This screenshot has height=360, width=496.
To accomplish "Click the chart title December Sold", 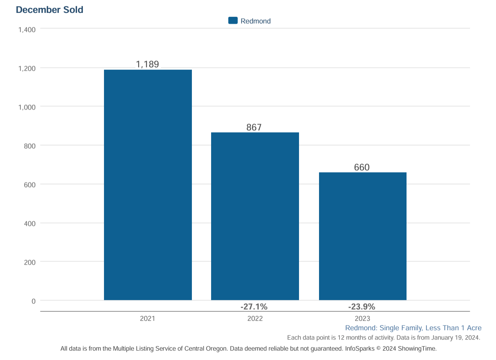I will [x=49, y=10].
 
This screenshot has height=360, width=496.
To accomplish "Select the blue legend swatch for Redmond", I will [x=233, y=21].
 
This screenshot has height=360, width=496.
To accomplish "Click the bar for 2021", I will [x=148, y=185].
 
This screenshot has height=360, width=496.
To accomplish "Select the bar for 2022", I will [x=255, y=216].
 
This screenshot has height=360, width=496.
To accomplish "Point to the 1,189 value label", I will [x=148, y=64].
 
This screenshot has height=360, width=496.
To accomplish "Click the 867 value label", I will [x=254, y=127].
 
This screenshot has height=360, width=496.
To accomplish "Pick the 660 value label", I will [x=362, y=167].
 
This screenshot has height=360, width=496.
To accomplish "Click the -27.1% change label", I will [x=254, y=307].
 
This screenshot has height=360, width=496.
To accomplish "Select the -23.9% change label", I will [x=362, y=307].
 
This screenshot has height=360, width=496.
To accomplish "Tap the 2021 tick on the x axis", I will [x=148, y=318].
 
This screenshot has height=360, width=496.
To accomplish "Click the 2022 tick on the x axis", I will [x=255, y=318].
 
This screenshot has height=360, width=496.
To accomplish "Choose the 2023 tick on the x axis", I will [x=362, y=318].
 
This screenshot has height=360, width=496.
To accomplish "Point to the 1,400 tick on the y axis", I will [x=27, y=29].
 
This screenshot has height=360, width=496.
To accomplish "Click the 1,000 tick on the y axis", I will [x=27, y=107].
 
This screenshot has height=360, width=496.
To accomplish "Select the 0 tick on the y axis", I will [x=33, y=301].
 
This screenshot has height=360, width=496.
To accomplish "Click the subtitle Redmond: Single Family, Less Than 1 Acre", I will [x=413, y=328].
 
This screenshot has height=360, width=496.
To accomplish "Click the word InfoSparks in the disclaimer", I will [x=360, y=348].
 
